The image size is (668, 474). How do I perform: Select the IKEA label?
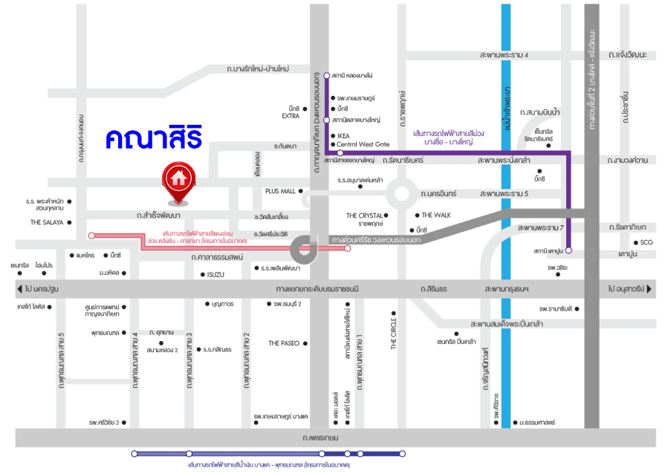coord(343,136)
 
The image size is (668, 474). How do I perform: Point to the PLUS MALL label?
coord(280,191)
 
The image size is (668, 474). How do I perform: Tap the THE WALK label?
coord(437,215)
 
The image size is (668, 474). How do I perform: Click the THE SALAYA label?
coord(46,222)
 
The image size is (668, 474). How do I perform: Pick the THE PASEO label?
coord(284,343)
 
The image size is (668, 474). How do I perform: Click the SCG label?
coord(646,242)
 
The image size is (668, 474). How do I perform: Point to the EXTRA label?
coord(291,116)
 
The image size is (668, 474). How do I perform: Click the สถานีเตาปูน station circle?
coord(568,251)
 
